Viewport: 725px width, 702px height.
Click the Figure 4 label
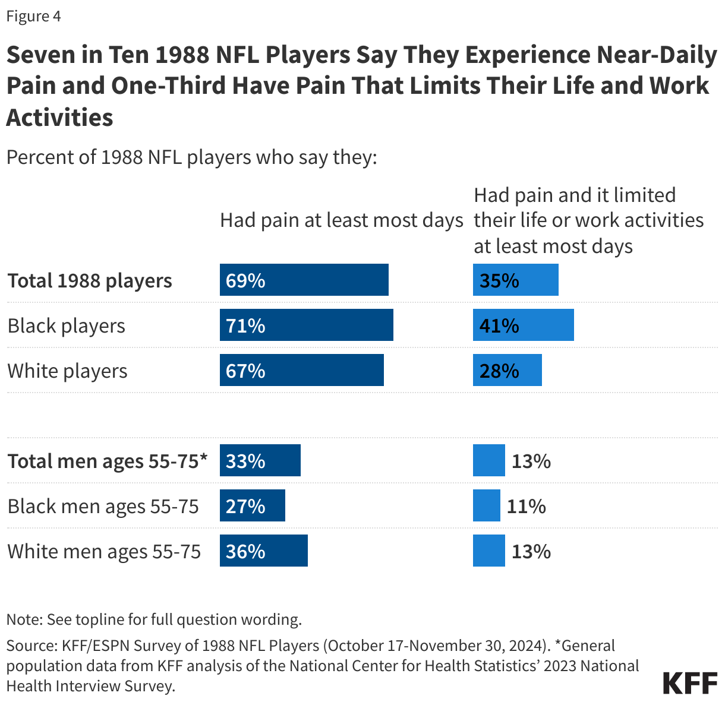pyautogui.click(x=34, y=16)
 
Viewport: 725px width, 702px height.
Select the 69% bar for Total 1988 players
pyautogui.click(x=304, y=280)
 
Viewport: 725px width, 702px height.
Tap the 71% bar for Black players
pyautogui.click(x=306, y=325)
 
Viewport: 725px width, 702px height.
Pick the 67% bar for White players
pyautogui.click(x=301, y=371)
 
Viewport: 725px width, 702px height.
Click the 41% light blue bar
pyautogui.click(x=523, y=325)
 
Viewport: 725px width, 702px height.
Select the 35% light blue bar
pyautogui.click(x=515, y=280)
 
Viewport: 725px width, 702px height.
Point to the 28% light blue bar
pyautogui.click(x=507, y=371)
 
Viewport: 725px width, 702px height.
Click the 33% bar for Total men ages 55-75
pyautogui.click(x=260, y=461)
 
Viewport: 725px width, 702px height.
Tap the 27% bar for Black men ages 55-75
pyautogui.click(x=252, y=506)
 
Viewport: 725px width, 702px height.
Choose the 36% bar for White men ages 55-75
pyautogui.click(x=263, y=551)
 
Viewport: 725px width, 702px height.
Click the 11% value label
pyautogui.click(x=526, y=506)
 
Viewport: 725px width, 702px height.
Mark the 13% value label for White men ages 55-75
pyautogui.click(x=531, y=551)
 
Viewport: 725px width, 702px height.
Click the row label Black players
pyautogui.click(x=67, y=325)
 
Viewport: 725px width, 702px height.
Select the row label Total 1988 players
pyautogui.click(x=90, y=280)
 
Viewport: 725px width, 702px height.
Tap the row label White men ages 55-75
pyautogui.click(x=104, y=551)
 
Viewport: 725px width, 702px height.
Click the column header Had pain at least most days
pyautogui.click(x=341, y=220)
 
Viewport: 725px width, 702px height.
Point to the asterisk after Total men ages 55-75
pyautogui.click(x=204, y=457)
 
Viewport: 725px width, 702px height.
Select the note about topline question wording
pyautogui.click(x=154, y=619)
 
